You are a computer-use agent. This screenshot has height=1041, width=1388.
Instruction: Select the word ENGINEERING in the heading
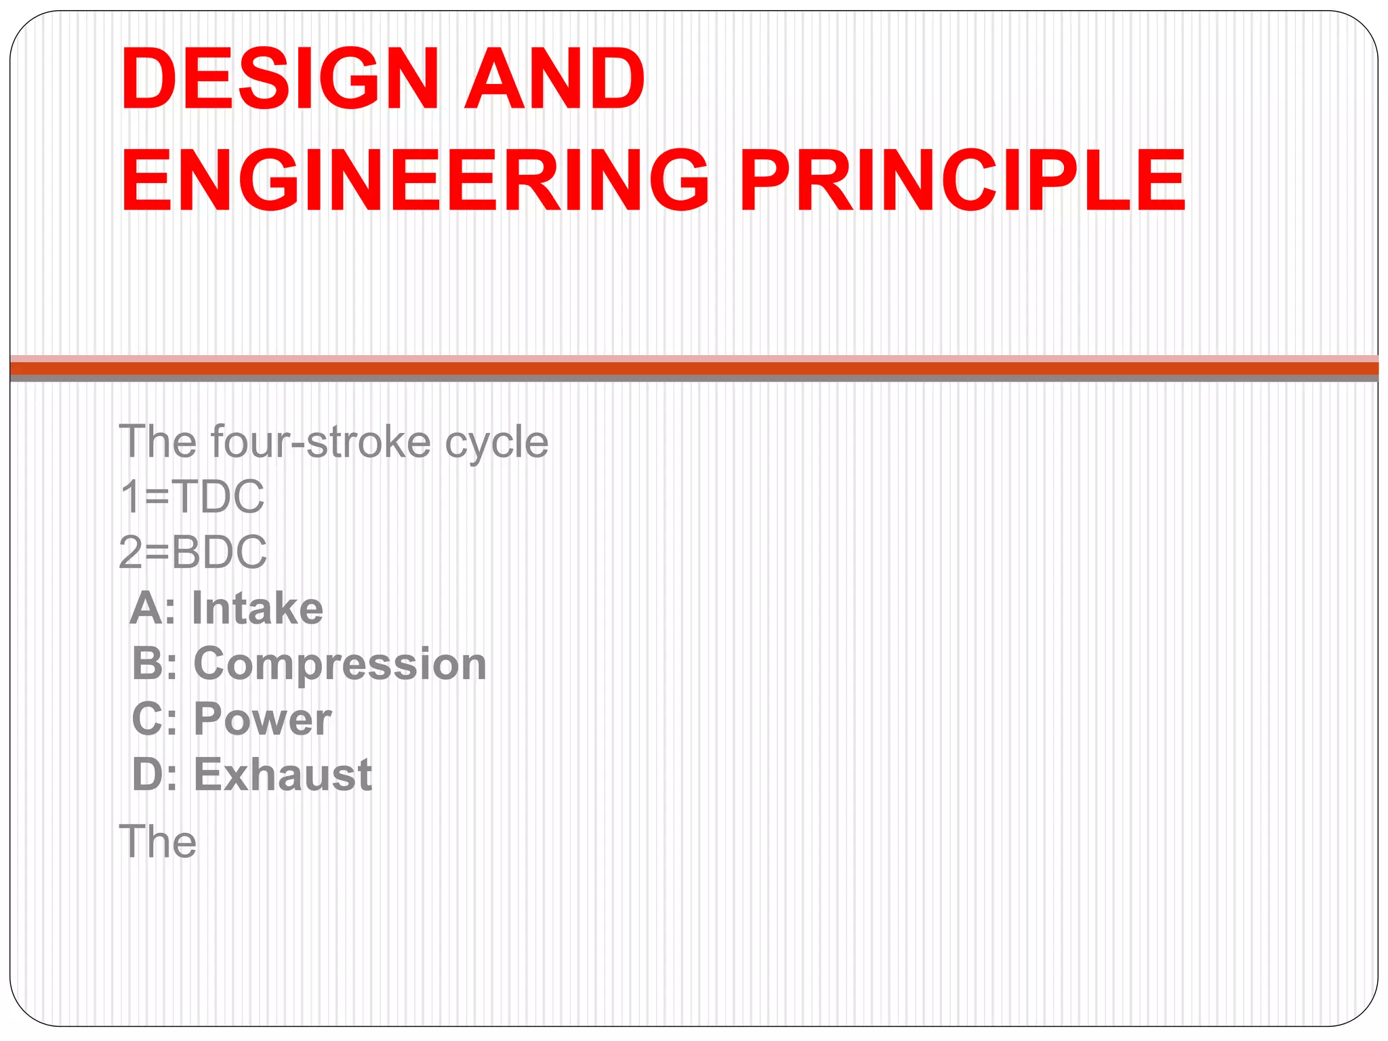coord(415,181)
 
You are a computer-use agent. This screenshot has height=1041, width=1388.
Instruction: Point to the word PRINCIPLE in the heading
coord(962,181)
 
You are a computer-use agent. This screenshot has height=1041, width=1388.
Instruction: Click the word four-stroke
coord(320,442)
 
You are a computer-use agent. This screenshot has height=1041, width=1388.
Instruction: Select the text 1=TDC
coord(192,497)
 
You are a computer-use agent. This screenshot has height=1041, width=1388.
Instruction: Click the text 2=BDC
coord(193,552)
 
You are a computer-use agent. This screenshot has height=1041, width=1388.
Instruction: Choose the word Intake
coord(258,608)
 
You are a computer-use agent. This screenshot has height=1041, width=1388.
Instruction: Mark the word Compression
coord(340,664)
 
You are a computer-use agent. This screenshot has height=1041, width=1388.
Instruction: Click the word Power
coord(263,719)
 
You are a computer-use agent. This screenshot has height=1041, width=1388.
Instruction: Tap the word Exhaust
coord(283,775)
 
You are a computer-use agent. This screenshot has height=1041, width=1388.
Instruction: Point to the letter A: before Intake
coord(153,608)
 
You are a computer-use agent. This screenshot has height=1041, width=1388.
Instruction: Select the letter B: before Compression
coord(155,664)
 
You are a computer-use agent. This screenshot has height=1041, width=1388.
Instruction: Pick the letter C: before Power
coord(155,719)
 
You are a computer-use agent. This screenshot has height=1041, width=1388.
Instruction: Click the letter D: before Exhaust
coord(155,775)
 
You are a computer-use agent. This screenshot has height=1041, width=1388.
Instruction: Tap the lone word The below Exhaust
coord(158,842)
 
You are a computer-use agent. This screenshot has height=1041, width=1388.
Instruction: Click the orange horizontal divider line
coord(694,369)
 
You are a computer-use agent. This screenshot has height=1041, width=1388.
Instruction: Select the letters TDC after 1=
coord(218,497)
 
